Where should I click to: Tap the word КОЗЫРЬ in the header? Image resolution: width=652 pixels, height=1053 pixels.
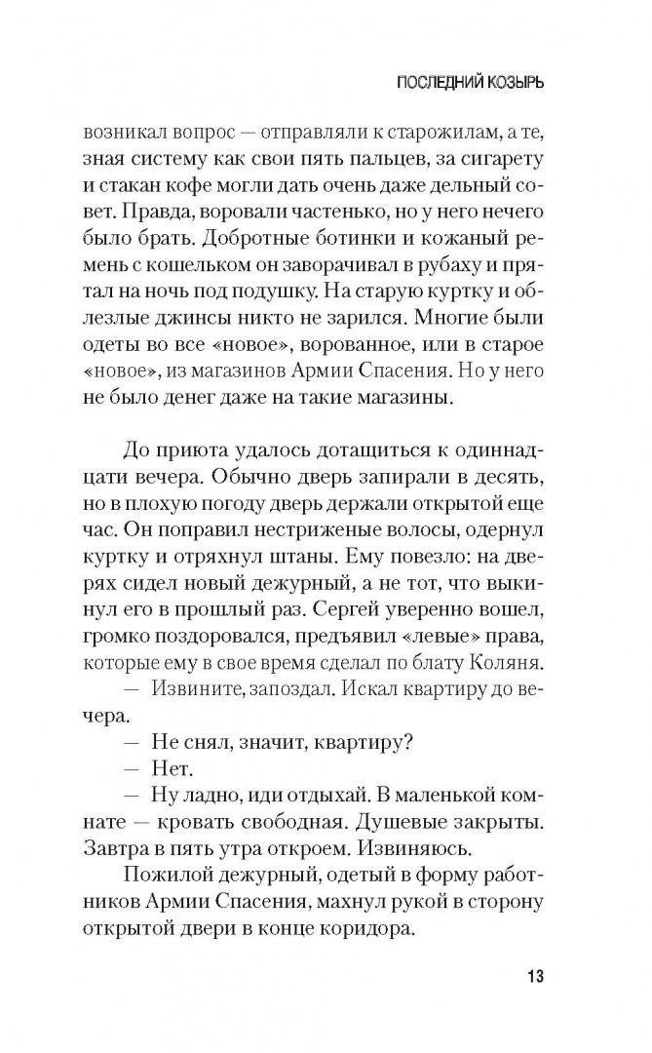point(511,83)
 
